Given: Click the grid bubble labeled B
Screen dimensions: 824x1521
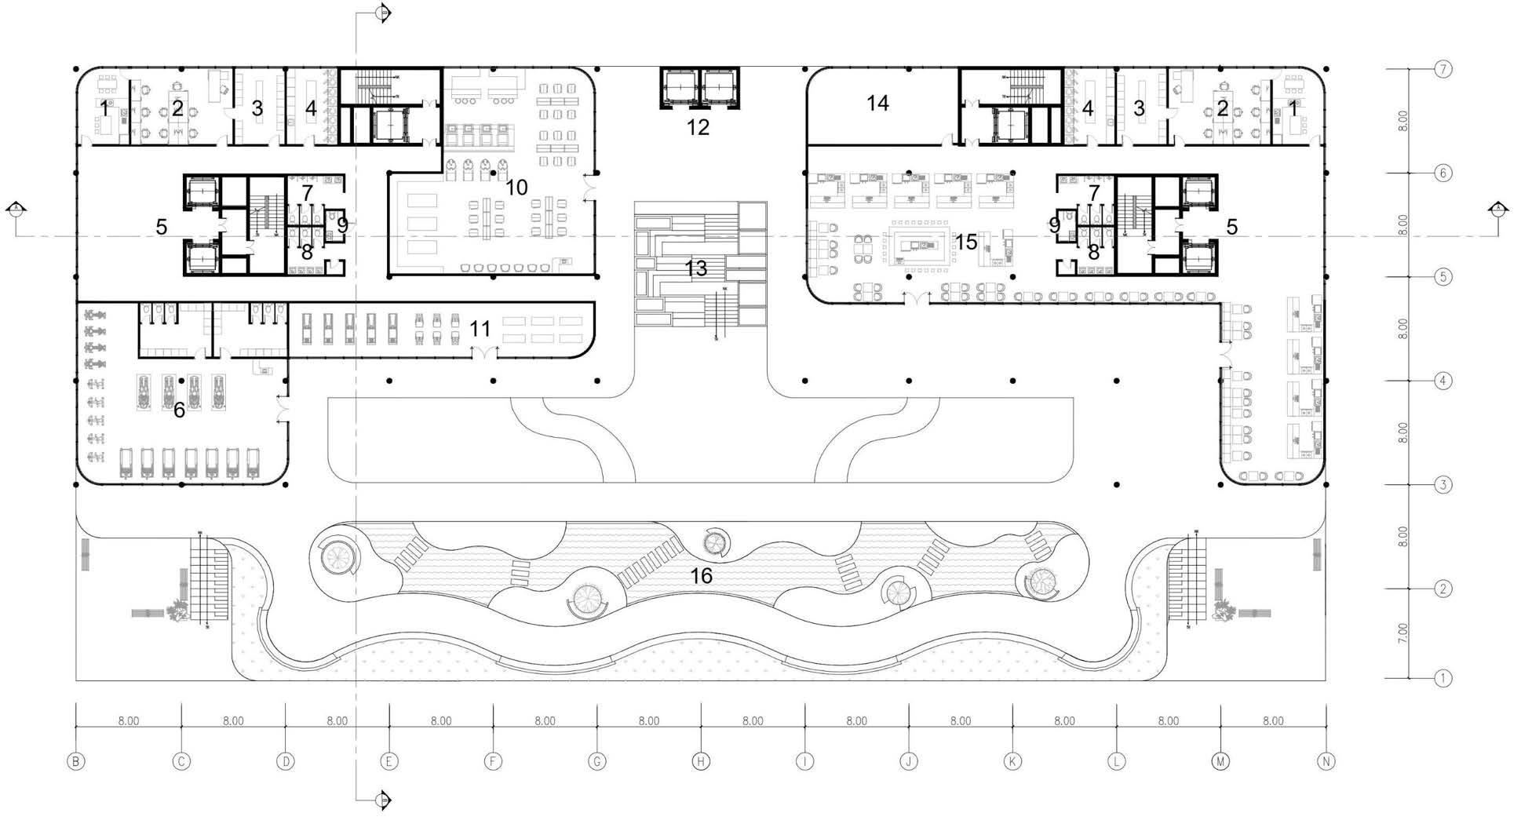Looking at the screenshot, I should click(75, 761).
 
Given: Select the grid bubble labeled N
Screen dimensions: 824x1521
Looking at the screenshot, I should click(1326, 761).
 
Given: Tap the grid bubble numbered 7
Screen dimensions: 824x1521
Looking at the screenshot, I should click(1443, 69).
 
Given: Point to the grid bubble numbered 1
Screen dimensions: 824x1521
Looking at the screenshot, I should click(1443, 678).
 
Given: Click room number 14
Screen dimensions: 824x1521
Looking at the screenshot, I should click(877, 103).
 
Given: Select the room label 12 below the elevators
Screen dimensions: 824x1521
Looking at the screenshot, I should click(698, 127).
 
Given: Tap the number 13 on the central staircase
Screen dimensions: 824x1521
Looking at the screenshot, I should click(695, 268).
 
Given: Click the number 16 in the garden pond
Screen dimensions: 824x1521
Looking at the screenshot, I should click(701, 576).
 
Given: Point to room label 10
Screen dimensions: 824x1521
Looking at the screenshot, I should click(516, 188).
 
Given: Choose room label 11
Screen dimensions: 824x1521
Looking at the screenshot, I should click(480, 329).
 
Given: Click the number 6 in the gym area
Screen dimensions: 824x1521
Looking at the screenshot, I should click(179, 410).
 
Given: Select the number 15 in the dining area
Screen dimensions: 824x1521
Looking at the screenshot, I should click(966, 242).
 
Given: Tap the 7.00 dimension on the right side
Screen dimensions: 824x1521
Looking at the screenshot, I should click(1402, 633).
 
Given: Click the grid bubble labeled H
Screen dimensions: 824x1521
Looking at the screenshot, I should click(701, 761).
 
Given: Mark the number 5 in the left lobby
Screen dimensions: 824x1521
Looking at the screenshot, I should click(161, 228).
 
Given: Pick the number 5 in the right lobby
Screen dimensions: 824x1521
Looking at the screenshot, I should click(1231, 228).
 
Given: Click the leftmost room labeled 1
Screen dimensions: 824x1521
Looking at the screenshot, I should click(104, 108).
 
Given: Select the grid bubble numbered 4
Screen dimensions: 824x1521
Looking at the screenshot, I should click(1443, 381).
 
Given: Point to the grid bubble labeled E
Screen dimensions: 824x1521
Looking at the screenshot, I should click(388, 761).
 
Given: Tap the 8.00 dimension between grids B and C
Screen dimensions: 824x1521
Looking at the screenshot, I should click(129, 721).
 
